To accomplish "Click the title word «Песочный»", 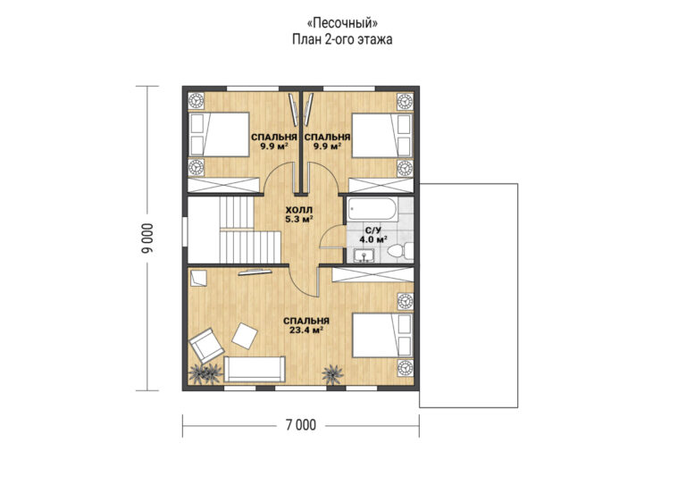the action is pos(342,21).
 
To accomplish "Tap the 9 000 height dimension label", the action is pos(148,238).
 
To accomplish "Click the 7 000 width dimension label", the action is pos(301,425).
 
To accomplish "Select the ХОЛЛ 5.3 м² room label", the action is pos(299,214).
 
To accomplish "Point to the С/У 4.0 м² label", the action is pos(373,235).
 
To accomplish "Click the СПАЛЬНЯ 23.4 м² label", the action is pos(306,325).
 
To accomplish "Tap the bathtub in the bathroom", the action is pos(372,211).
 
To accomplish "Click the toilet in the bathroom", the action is pos(399,251).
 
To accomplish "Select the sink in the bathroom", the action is pos(363,255).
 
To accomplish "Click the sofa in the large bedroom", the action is pos(255,370).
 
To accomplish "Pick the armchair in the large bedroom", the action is pos(206,344).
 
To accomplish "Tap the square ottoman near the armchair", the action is pos(245,336).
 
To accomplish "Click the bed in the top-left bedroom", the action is pos(219,135).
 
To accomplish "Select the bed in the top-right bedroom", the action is pos(382,135).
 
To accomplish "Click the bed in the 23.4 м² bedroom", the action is pos(382,335).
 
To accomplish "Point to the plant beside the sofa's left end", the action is pos(205,373).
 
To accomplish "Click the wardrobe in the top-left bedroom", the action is pos(223,185).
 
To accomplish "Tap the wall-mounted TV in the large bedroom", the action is pos(255,272).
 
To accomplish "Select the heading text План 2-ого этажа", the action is pos(342,39).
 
